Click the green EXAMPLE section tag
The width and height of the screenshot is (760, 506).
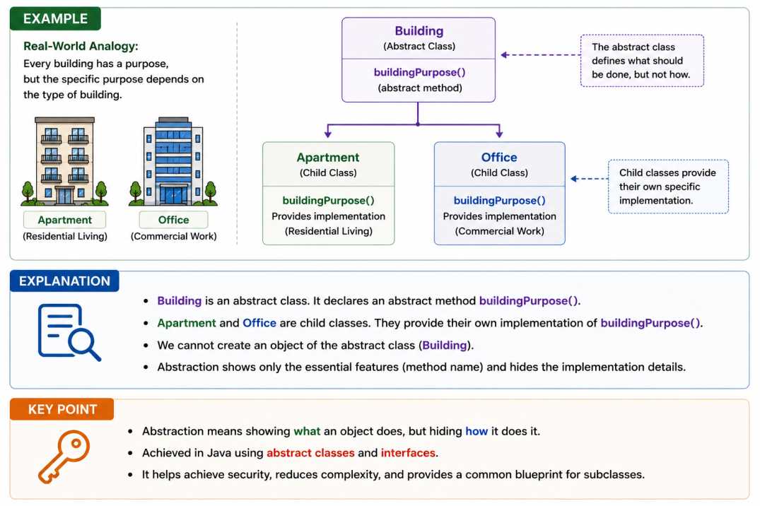[55, 18]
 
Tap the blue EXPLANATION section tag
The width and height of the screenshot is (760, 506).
[64, 281]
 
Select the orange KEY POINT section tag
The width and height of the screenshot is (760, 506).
[62, 410]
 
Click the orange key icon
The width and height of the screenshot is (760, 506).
[64, 456]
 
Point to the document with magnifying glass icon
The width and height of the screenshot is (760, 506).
[69, 332]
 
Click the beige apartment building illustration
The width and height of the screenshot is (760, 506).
[64, 161]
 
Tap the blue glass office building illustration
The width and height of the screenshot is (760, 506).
[173, 161]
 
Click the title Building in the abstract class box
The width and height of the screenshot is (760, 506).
[419, 31]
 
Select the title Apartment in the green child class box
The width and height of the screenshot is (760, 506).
[328, 158]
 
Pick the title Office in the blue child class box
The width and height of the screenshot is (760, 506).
[499, 158]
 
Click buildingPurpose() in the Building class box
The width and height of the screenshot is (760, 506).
[419, 72]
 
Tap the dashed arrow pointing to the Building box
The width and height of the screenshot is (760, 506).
[540, 54]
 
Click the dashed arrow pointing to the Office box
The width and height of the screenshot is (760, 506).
[590, 179]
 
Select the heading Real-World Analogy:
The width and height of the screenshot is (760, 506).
[81, 46]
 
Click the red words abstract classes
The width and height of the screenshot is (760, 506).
[310, 453]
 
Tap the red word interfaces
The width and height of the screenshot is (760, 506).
[408, 453]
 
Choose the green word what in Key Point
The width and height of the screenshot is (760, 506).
[307, 431]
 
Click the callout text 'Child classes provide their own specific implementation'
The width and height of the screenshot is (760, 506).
[667, 187]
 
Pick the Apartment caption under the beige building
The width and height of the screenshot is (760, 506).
[64, 220]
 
